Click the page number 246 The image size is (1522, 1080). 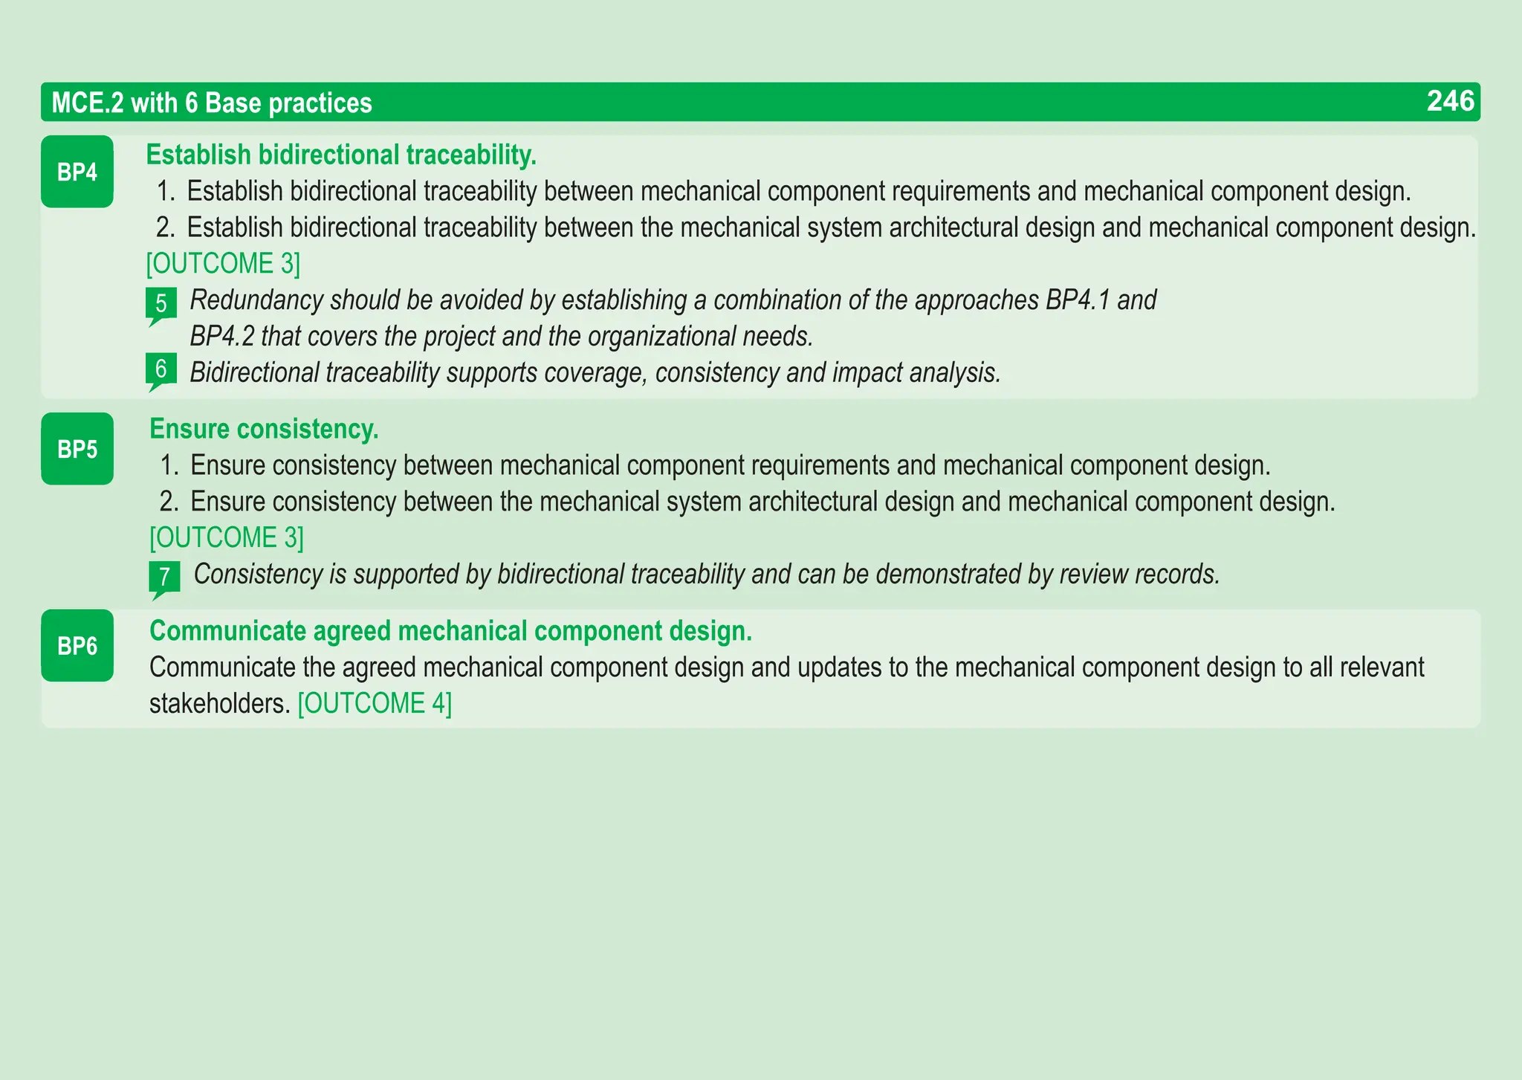[x=1450, y=101]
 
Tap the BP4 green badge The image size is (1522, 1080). [x=77, y=172]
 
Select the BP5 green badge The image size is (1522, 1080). [x=77, y=449]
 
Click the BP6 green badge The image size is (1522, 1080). [x=77, y=645]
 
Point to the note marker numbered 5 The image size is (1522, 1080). [x=161, y=304]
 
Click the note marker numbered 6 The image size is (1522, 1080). [x=161, y=369]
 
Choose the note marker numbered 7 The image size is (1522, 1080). [x=164, y=577]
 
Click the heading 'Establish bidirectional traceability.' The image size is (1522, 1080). [x=341, y=155]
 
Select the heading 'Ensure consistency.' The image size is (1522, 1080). [x=264, y=429]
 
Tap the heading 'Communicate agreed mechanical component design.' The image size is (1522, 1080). [x=450, y=631]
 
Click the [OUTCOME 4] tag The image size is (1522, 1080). [x=375, y=703]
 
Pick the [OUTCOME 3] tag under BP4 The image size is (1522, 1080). [x=223, y=264]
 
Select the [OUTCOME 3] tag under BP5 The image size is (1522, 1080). [x=227, y=538]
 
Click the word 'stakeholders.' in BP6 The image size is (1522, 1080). [x=219, y=703]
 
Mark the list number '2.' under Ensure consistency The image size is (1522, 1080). [x=169, y=502]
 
